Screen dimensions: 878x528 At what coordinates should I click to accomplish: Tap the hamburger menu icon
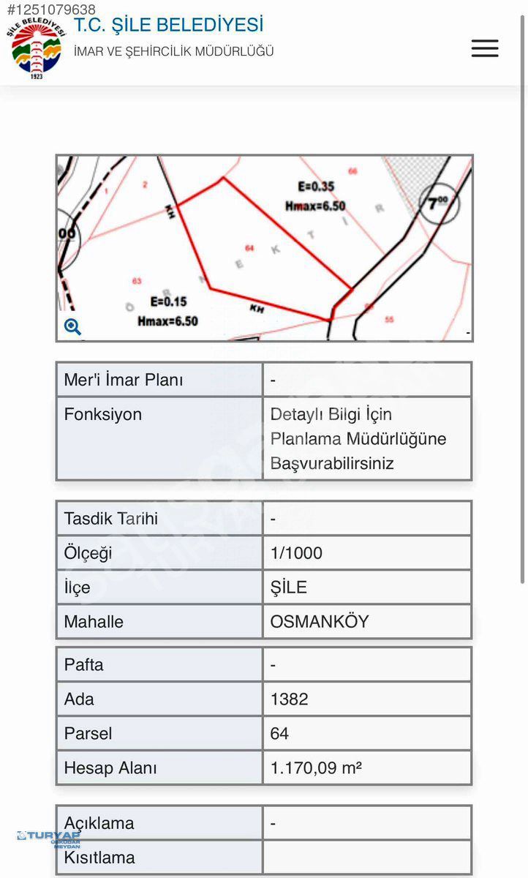485,48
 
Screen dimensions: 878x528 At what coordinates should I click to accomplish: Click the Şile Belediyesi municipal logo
36,48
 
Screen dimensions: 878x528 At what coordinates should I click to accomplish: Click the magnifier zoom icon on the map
72,327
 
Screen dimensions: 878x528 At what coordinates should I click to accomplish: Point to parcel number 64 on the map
249,248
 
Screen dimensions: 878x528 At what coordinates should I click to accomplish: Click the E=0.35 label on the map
316,187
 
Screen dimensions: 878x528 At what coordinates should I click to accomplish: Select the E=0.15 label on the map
168,301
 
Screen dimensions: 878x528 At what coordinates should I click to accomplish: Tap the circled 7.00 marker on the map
439,203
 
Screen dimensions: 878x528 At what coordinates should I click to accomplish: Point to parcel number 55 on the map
389,319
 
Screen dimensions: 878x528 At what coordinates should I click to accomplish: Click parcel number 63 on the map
137,281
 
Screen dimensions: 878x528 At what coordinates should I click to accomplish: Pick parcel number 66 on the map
352,171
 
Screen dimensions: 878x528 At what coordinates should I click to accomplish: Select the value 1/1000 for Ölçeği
296,553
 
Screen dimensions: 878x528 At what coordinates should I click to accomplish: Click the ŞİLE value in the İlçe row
289,588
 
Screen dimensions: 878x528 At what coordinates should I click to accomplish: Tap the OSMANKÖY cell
320,622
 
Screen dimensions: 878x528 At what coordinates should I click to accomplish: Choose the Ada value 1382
290,699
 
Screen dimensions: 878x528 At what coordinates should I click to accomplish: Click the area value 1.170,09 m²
317,768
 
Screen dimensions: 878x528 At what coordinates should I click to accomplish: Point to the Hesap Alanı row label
110,768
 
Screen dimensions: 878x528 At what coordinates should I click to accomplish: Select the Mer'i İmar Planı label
124,380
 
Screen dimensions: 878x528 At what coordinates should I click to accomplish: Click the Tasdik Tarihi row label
111,519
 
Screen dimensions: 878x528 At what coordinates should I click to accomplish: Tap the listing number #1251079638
51,10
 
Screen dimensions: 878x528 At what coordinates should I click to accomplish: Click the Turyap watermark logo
49,837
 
